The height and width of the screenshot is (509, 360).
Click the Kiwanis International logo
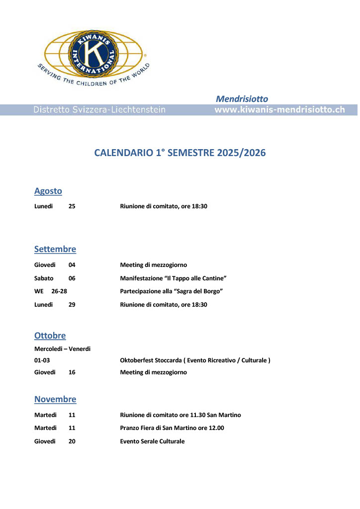point(93,54)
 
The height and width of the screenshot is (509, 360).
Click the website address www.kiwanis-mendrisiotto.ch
point(279,110)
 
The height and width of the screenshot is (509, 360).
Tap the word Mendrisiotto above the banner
point(242,99)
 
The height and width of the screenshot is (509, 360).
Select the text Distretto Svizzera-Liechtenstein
point(99,110)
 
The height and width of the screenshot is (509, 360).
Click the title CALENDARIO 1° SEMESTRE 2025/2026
point(180,153)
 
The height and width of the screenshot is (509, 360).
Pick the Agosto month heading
point(48,191)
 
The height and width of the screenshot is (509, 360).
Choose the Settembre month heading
point(55,249)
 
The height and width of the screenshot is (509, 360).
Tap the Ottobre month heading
point(50,336)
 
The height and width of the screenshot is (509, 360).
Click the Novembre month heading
point(55,399)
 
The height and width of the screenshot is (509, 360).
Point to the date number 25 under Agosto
point(72,206)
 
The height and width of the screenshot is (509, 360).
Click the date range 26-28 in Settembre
point(59,291)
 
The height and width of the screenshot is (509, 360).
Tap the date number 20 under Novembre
point(72,441)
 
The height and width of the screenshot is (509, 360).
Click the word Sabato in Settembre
point(44,278)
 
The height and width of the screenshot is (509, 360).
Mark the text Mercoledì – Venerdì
point(62,348)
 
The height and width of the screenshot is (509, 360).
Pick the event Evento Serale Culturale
point(152,441)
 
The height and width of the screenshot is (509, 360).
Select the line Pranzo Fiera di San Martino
point(172,428)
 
